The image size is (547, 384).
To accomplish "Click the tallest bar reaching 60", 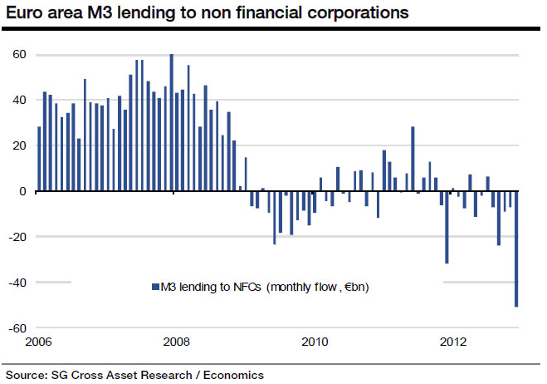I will (172, 122).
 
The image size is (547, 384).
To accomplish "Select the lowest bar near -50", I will (516, 249).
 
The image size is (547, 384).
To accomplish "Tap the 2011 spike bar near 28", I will (413, 159).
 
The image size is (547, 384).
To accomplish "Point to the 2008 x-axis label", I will (173, 342).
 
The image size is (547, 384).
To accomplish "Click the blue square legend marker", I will (154, 288).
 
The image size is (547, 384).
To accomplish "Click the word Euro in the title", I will (26, 13).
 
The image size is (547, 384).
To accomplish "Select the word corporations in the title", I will (359, 13).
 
